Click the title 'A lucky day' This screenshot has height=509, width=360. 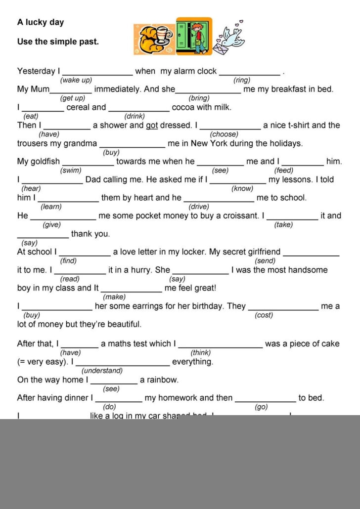coord(41,22)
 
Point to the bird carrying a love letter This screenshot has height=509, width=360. coord(229,39)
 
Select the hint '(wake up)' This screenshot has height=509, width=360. coord(76,80)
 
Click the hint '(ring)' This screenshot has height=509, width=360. coord(242,80)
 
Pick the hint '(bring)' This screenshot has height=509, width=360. coord(199,98)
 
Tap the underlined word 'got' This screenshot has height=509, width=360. coord(151,126)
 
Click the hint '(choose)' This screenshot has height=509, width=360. coord(224,134)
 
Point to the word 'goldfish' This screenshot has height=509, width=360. coord(45,162)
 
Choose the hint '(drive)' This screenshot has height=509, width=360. coord(199,207)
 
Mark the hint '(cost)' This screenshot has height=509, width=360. coord(264,315)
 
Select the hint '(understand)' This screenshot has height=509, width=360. coord(102,371)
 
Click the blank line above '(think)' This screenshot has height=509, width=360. coord(221,347)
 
